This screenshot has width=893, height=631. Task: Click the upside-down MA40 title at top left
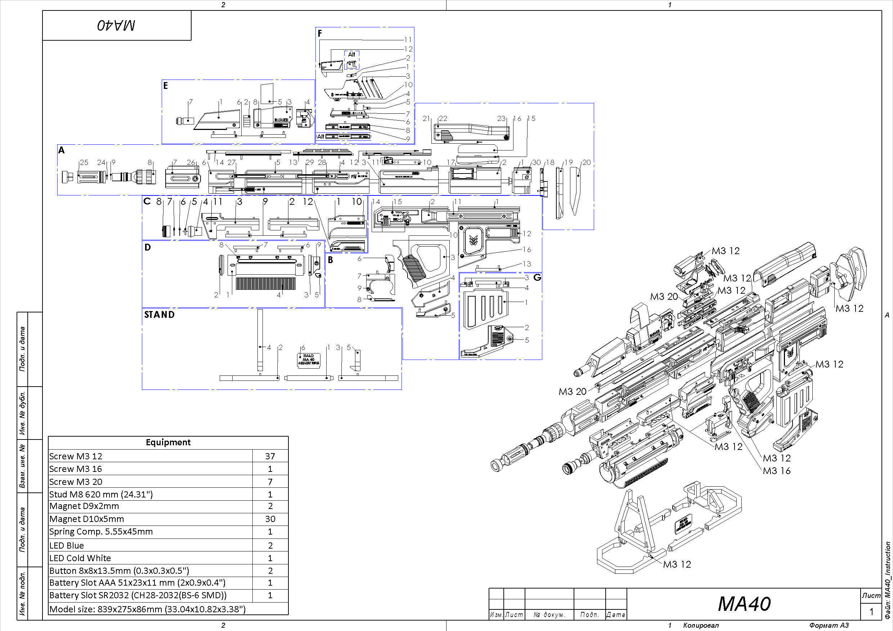pyautogui.click(x=116, y=26)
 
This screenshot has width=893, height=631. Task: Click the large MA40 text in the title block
pyautogui.click(x=744, y=604)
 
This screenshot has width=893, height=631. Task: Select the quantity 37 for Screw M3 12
pyautogui.click(x=270, y=456)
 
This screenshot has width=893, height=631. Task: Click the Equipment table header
pyautogui.click(x=168, y=442)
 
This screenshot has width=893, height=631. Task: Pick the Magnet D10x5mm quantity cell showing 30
pyautogui.click(x=270, y=519)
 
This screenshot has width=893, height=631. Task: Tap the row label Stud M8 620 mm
pyautogui.click(x=101, y=495)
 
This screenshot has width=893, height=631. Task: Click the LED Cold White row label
pyautogui.click(x=80, y=558)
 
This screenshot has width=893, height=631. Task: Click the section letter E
pyautogui.click(x=166, y=86)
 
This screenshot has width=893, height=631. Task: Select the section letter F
pyautogui.click(x=320, y=34)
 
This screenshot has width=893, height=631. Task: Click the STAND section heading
pyautogui.click(x=159, y=315)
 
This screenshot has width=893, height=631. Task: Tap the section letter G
pyautogui.click(x=537, y=278)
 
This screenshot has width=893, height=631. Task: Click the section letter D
pyautogui.click(x=147, y=247)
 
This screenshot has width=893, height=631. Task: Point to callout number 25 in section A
pyautogui.click(x=84, y=162)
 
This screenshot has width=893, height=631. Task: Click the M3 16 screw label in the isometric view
pyautogui.click(x=776, y=471)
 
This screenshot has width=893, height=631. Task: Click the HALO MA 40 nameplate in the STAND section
pyautogui.click(x=309, y=360)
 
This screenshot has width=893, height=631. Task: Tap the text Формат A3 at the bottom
pyautogui.click(x=829, y=626)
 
